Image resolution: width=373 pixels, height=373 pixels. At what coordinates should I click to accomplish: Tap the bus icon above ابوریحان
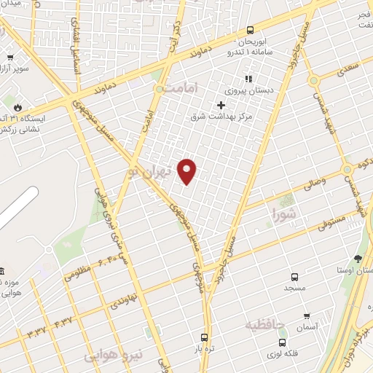(250, 31)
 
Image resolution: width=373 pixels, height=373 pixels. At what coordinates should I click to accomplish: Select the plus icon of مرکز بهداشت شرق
(221, 104)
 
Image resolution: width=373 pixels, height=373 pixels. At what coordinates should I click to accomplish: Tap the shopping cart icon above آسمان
(306, 317)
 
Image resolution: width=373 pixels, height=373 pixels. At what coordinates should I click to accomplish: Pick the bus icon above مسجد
(294, 278)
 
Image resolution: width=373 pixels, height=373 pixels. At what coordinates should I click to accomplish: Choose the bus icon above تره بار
(203, 338)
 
